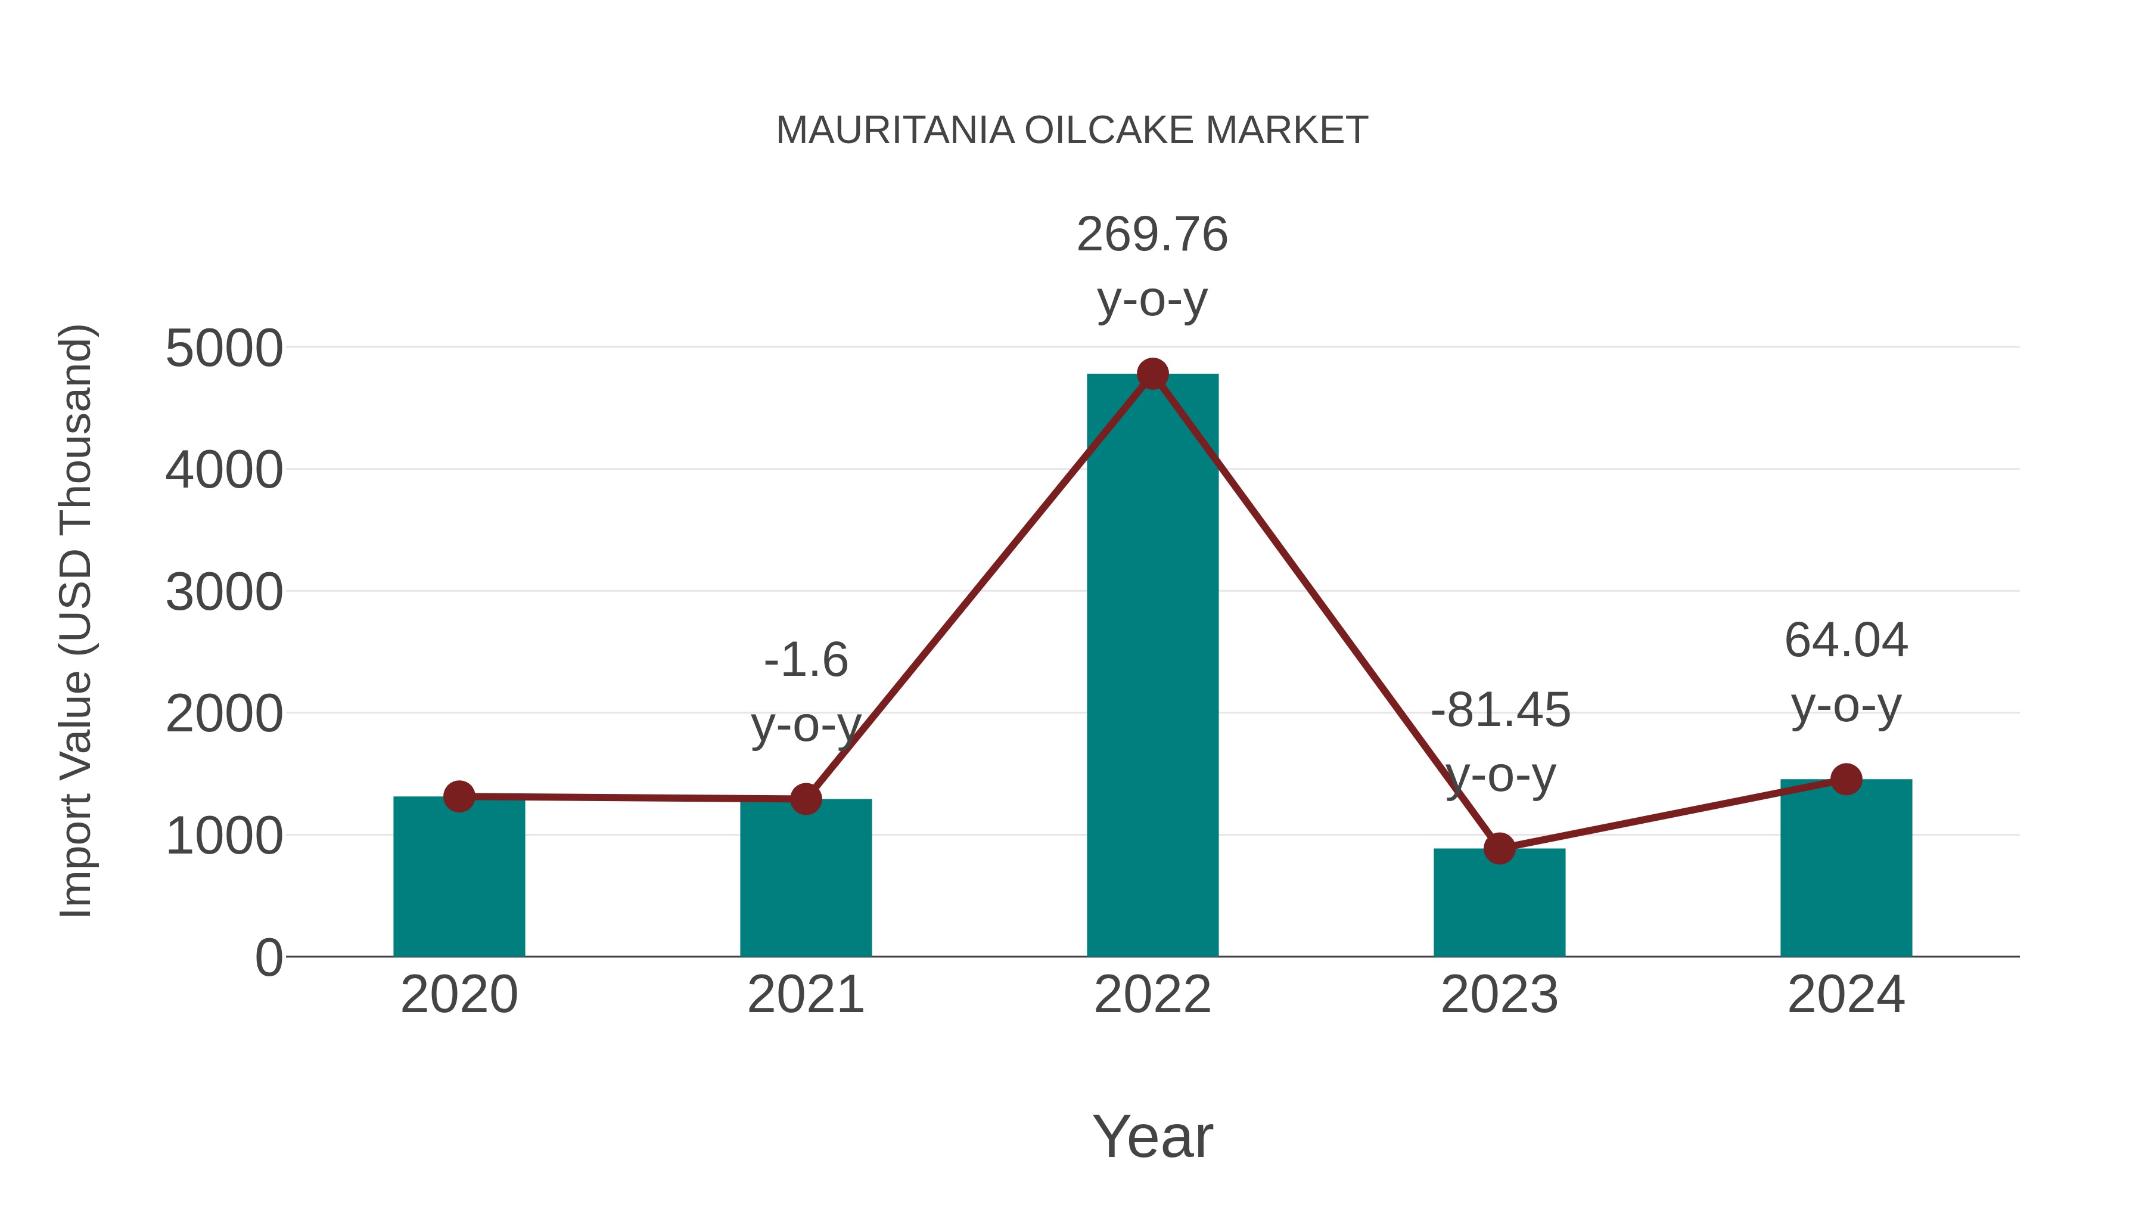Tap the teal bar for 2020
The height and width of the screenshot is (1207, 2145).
click(x=459, y=883)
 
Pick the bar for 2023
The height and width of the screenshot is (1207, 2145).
click(x=1499, y=908)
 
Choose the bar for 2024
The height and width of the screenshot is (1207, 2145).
click(x=1846, y=874)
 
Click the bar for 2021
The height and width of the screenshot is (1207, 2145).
click(x=805, y=883)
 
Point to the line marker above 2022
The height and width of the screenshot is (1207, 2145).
click(x=1152, y=374)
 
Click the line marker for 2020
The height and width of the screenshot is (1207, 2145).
click(x=459, y=796)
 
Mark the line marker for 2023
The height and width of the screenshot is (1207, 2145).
click(x=1499, y=848)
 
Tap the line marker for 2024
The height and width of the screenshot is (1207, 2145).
click(x=1846, y=779)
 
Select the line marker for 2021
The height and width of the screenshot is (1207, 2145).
click(x=805, y=799)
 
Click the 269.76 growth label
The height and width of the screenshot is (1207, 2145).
click(x=1152, y=235)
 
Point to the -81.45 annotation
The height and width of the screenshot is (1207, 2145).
click(x=1500, y=710)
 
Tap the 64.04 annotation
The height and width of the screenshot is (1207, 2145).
click(x=1846, y=641)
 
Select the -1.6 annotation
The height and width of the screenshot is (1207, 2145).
click(x=805, y=660)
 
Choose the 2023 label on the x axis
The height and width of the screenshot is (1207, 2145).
click(x=1499, y=995)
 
